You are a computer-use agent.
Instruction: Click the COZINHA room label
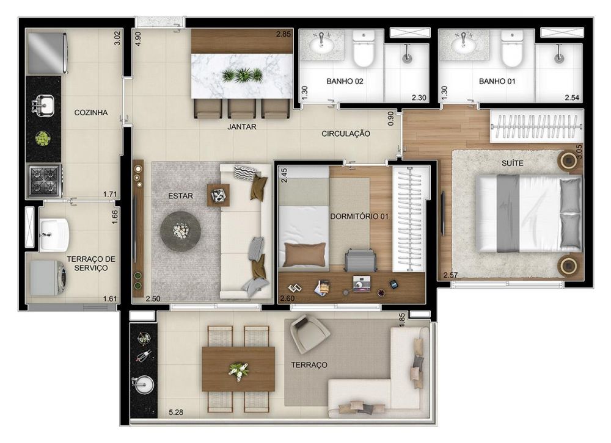pos(91,112)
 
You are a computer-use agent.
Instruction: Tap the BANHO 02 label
pos(345,81)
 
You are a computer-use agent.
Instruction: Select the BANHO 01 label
pos(497,81)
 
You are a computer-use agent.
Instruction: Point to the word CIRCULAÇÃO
pos(346,134)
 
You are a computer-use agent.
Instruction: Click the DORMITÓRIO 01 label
pos(359,216)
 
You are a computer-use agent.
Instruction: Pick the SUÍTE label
pos(512,163)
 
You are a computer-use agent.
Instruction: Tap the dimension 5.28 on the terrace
pos(176,412)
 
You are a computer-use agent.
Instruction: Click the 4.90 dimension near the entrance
pos(137,39)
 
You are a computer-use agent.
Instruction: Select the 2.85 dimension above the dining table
pos(284,34)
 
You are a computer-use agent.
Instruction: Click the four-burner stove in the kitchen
pos(43,180)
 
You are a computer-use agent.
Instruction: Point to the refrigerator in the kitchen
pos(48,53)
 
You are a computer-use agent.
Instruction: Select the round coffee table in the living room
pos(180,231)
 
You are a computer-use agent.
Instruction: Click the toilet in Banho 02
pos(363,49)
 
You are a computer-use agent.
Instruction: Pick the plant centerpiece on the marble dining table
pos(242,75)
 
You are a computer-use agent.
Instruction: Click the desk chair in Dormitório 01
pos(360,261)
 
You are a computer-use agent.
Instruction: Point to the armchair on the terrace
pos(310,333)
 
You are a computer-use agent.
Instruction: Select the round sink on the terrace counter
pos(143,384)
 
